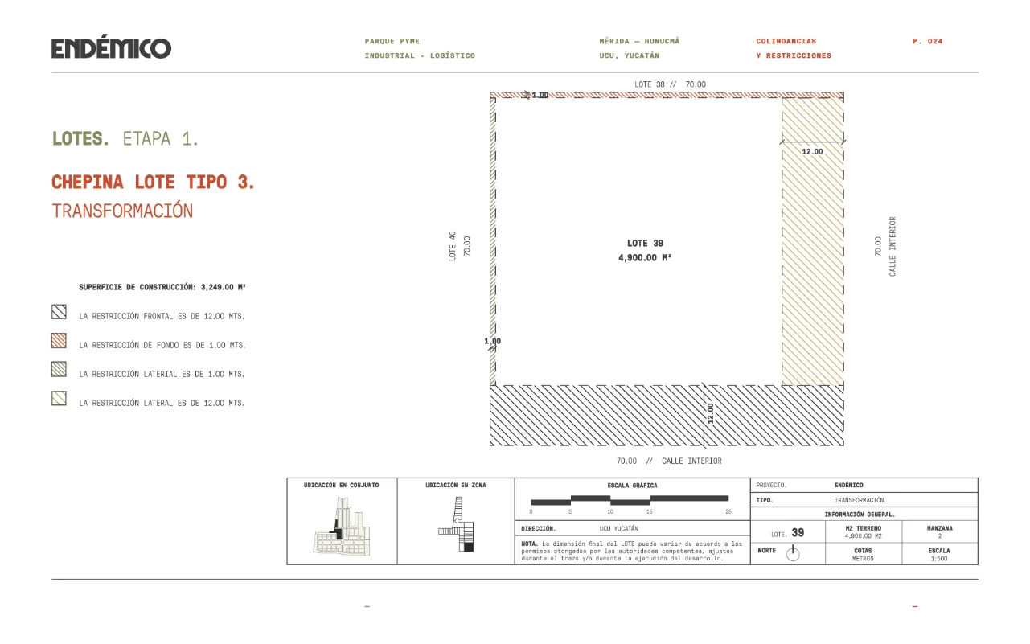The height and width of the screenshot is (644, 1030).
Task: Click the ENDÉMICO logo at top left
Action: click(x=111, y=47)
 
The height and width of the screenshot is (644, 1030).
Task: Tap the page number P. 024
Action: click(x=927, y=41)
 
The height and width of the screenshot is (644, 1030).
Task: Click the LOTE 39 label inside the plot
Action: click(x=645, y=243)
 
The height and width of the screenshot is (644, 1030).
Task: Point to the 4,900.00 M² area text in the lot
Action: click(x=645, y=258)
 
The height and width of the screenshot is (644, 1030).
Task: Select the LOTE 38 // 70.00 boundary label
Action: click(x=670, y=84)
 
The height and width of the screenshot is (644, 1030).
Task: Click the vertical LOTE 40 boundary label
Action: click(x=453, y=246)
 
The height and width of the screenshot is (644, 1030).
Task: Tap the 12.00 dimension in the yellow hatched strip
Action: click(x=812, y=152)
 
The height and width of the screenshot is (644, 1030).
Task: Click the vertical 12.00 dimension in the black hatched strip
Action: click(x=711, y=414)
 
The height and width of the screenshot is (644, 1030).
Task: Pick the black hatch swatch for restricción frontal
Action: click(x=59, y=312)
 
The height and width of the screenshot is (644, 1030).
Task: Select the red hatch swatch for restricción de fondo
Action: click(x=59, y=341)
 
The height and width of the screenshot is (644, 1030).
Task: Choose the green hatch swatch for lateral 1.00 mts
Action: click(x=59, y=369)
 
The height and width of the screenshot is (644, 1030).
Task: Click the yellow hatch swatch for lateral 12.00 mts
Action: click(x=59, y=398)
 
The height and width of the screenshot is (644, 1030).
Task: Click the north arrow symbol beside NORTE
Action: click(x=793, y=552)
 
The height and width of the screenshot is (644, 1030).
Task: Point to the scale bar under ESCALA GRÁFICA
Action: click(x=630, y=501)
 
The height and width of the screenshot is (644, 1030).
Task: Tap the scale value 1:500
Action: click(x=939, y=559)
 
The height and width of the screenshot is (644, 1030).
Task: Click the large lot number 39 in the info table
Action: click(x=798, y=533)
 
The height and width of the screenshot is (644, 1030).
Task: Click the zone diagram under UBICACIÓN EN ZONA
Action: click(x=457, y=524)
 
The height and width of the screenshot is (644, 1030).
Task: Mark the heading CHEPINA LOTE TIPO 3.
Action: click(x=153, y=182)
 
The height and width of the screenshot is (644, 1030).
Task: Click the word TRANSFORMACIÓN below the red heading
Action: click(x=122, y=211)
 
